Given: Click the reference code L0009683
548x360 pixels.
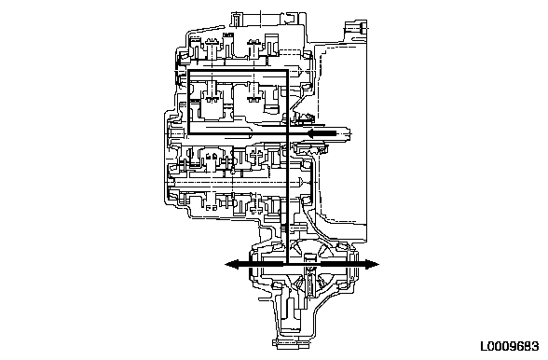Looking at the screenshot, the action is (510, 347).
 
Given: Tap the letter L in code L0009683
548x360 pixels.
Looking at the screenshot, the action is (484, 347).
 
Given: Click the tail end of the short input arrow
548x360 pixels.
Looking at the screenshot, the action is (336, 133).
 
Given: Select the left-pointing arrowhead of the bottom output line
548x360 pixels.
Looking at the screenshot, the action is (232, 265).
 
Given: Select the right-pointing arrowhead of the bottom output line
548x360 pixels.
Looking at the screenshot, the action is (372, 265).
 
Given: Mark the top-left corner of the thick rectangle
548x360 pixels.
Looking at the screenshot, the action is (189, 71).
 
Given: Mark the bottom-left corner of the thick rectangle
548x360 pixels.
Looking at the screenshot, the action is (189, 133).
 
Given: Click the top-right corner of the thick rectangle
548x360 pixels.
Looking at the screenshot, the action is (287, 71).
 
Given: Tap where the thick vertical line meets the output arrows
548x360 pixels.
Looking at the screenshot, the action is (287, 265).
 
